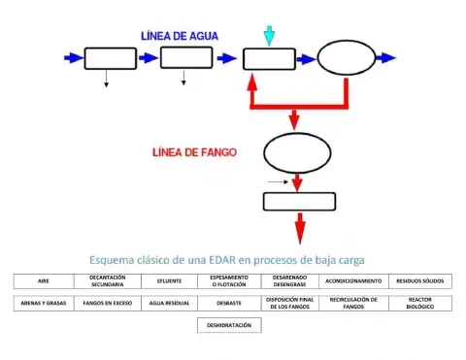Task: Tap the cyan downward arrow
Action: click(269, 35)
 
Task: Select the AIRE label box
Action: click(44, 280)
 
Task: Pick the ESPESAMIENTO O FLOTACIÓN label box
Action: click(229, 280)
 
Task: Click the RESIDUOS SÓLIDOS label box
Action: click(419, 280)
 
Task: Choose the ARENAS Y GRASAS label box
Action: click(44, 303)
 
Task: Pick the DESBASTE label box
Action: click(229, 303)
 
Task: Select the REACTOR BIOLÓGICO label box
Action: click(419, 303)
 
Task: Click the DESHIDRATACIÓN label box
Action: click(229, 326)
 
